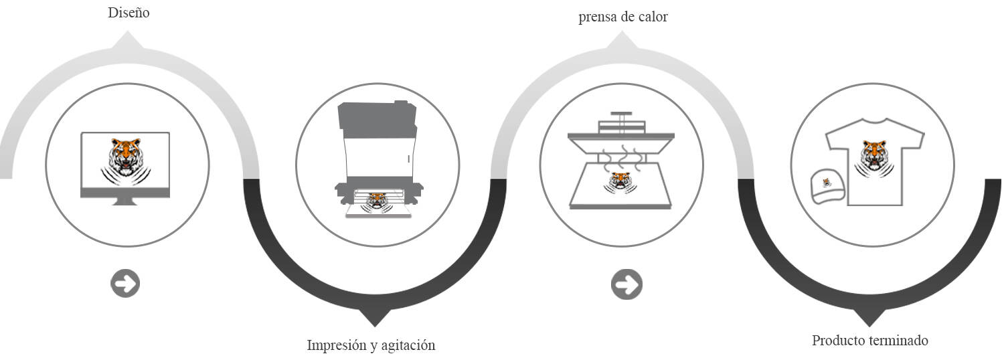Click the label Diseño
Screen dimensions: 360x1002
(129, 13)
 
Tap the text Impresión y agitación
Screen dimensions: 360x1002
(371, 345)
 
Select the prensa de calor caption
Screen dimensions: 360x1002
(622, 17)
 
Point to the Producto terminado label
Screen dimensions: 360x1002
(869, 341)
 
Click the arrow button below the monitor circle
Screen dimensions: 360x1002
(125, 284)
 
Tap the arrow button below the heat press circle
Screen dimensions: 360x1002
(626, 284)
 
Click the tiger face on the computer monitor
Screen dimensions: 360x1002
(125, 155)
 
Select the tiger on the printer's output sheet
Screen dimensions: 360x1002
(378, 199)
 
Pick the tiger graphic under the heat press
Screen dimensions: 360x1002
(620, 180)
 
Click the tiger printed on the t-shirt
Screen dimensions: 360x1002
(874, 157)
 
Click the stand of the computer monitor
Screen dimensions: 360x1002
(125, 201)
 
